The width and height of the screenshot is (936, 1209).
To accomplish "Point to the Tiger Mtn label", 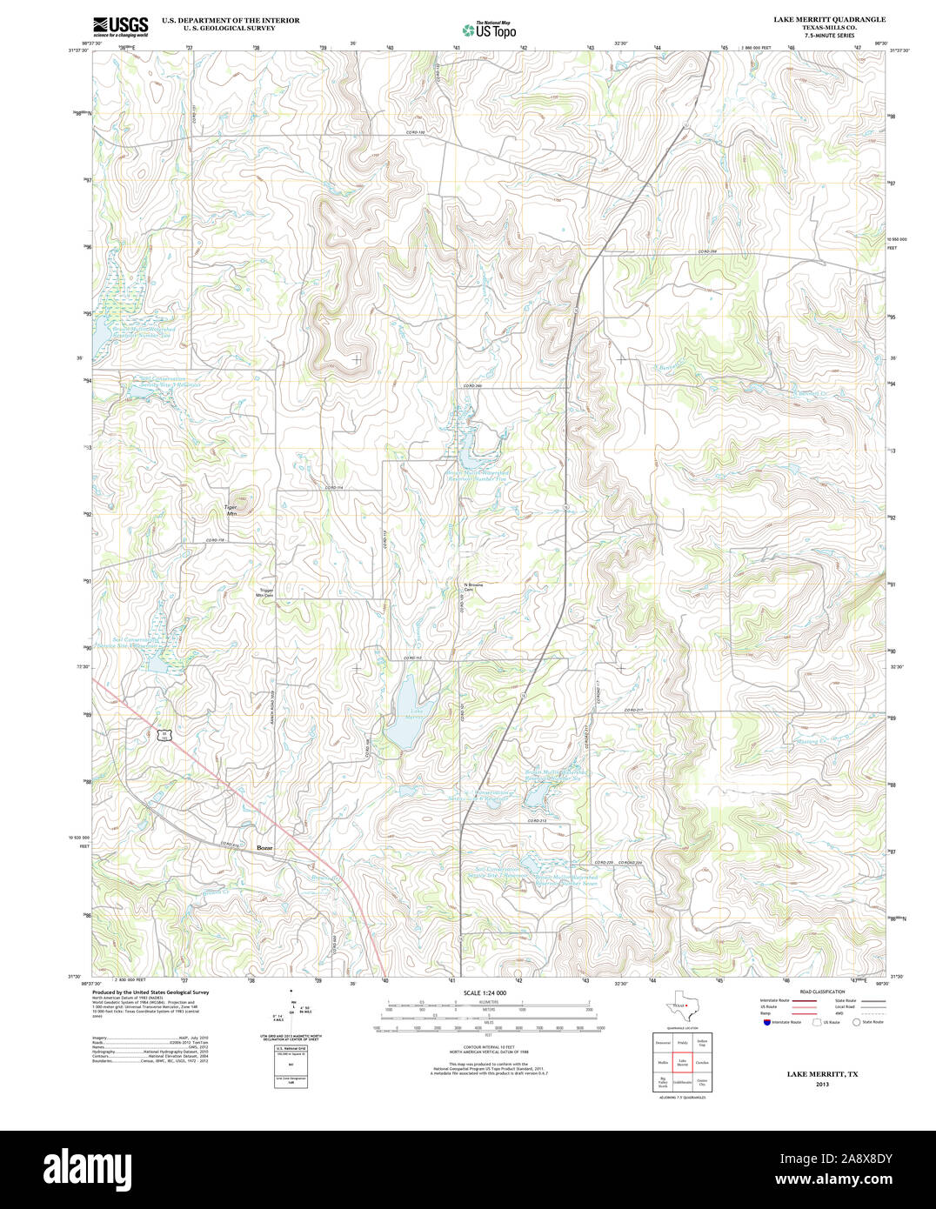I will pyautogui.click(x=231, y=510).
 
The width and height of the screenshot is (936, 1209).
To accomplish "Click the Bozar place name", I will pyautogui.click(x=264, y=847).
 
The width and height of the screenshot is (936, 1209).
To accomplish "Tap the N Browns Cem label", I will pyautogui.click(x=473, y=587).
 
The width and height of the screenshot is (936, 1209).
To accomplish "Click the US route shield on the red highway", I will pyautogui.click(x=163, y=734).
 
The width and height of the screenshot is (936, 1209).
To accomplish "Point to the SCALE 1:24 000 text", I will pyautogui.click(x=485, y=992).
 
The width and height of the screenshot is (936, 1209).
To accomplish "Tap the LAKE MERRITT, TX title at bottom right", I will pyautogui.click(x=822, y=1074).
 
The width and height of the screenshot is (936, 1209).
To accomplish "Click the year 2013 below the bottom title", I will pyautogui.click(x=822, y=1085).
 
